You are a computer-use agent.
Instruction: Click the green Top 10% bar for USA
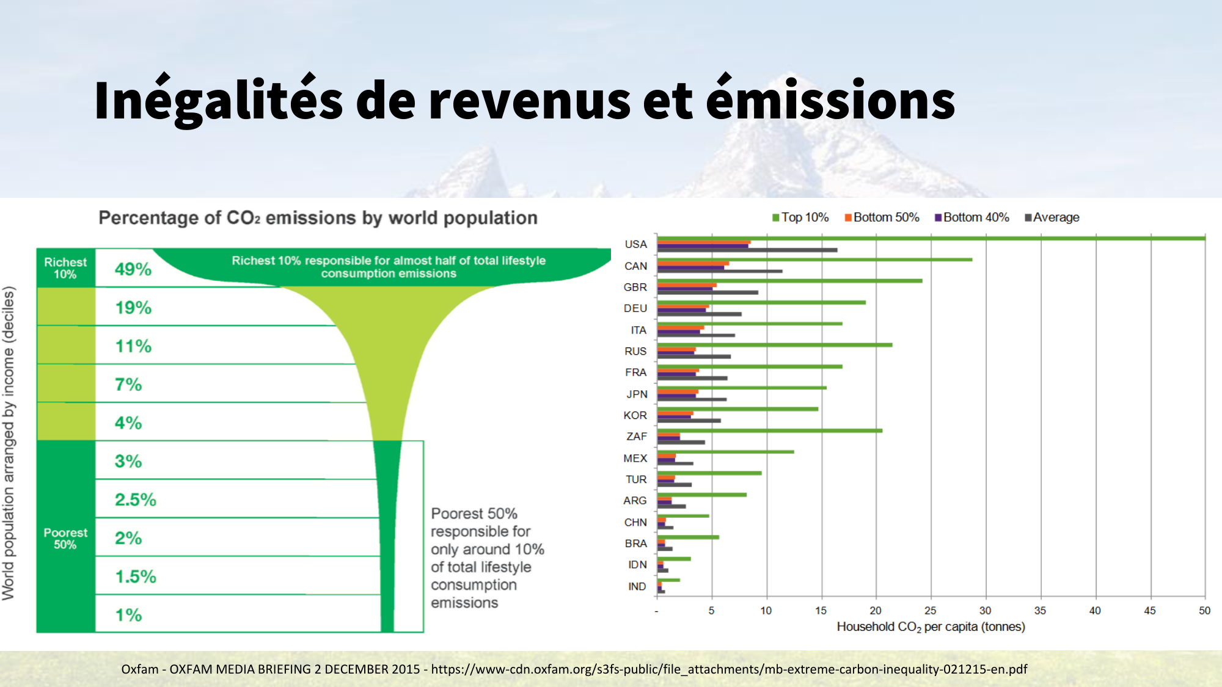coord(929,238)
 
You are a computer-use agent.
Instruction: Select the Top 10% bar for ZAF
coord(770,431)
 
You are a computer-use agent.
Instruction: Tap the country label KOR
coord(635,415)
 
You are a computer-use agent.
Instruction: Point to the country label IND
coord(637,586)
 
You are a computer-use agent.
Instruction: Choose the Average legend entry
coord(1052,217)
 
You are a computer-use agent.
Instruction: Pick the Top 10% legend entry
coord(800,217)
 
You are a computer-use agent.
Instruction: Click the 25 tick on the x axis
coord(930,610)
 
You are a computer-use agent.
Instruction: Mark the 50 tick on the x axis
coord(1204,610)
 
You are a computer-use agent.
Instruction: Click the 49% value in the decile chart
coord(133,269)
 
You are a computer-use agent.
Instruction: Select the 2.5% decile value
coord(136,500)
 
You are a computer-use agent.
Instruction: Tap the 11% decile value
coord(133,346)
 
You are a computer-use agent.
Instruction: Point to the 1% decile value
coord(128,615)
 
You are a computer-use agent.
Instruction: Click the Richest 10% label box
coord(65,268)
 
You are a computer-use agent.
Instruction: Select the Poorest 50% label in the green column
coord(65,539)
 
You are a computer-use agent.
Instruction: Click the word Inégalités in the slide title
coord(218,101)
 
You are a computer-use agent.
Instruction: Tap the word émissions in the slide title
coord(830,101)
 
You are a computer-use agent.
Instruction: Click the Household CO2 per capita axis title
coord(931,627)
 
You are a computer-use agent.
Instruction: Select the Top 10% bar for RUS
coord(775,345)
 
